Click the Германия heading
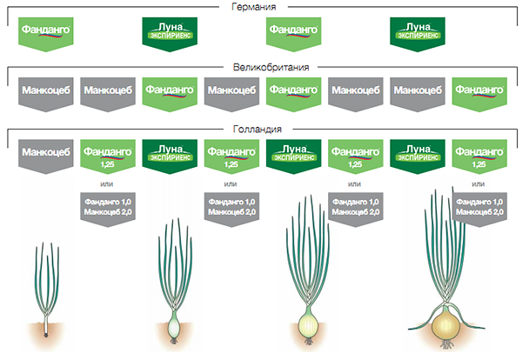click(x=254, y=7)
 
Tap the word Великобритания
click(x=271, y=67)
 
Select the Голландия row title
click(x=258, y=129)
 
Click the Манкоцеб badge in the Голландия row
click(x=46, y=157)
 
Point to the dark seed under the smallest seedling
click(x=46, y=335)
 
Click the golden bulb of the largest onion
click(x=446, y=323)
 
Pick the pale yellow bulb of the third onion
click(x=308, y=323)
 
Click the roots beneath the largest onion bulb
click(x=446, y=344)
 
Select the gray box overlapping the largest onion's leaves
click(x=479, y=210)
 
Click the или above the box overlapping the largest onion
click(x=478, y=184)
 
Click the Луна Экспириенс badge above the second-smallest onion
click(x=170, y=157)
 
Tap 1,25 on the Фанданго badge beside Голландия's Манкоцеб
click(x=107, y=164)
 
